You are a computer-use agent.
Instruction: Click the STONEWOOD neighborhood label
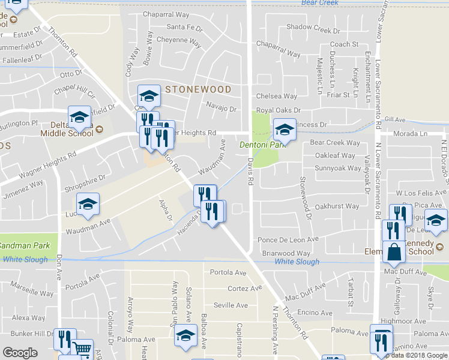[x=198, y=89]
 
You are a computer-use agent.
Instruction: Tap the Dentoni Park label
[x=261, y=145]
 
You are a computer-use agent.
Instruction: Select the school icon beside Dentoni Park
[x=285, y=130]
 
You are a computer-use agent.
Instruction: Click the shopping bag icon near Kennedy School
[x=395, y=253]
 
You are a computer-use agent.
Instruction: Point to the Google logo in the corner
[x=20, y=353]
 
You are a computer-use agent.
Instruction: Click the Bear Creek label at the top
[x=320, y=3]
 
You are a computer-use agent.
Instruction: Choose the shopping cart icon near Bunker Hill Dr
[x=82, y=349]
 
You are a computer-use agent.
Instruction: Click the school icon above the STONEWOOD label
[x=149, y=96]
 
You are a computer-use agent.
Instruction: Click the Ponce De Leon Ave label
[x=288, y=239]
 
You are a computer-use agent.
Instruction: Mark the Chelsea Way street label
[x=276, y=96]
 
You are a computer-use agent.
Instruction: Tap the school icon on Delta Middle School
[x=79, y=118]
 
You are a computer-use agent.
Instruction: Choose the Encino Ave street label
[x=315, y=313]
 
